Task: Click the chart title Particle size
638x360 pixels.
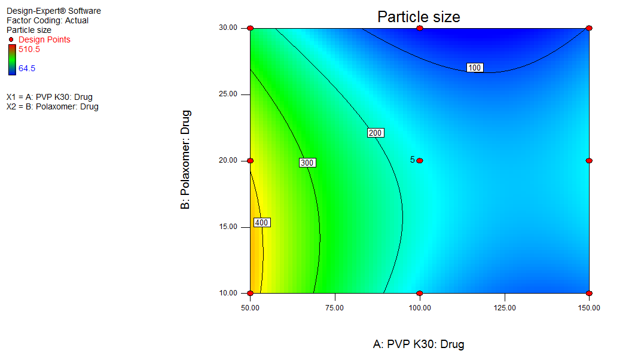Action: (419, 17)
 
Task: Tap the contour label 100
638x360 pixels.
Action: (475, 68)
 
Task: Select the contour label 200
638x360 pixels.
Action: (375, 133)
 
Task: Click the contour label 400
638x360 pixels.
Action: (262, 222)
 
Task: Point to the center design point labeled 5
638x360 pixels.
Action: (420, 160)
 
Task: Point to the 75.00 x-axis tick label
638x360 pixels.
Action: (334, 307)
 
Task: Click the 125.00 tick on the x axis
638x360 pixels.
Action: (504, 307)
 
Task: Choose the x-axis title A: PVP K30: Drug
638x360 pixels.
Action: (419, 344)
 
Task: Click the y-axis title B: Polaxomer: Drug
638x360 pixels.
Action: (186, 159)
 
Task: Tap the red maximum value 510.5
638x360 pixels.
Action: (29, 49)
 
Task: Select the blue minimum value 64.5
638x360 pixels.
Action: (27, 68)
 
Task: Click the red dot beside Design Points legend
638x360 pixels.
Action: (11, 40)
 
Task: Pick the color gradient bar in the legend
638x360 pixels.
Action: (12, 60)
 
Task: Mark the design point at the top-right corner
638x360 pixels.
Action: (589, 28)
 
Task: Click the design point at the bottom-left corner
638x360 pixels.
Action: (250, 293)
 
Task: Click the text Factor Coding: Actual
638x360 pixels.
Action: (47, 20)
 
